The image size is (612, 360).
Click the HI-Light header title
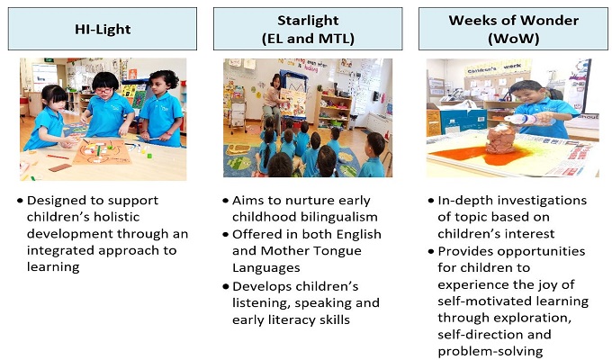click(x=103, y=30)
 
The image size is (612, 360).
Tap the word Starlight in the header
click(x=308, y=21)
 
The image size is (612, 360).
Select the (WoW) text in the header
click(x=514, y=39)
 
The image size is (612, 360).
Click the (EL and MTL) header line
click(x=308, y=39)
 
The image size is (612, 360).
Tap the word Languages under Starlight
click(x=266, y=268)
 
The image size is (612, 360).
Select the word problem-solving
click(x=490, y=351)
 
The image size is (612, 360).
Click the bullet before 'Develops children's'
click(x=226, y=286)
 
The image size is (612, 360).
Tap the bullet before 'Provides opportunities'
click(x=431, y=251)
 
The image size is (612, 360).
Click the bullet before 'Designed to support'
click(x=21, y=201)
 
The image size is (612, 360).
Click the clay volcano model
click(x=500, y=139)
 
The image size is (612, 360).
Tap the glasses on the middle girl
click(x=103, y=91)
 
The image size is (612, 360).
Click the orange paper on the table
click(x=103, y=151)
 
